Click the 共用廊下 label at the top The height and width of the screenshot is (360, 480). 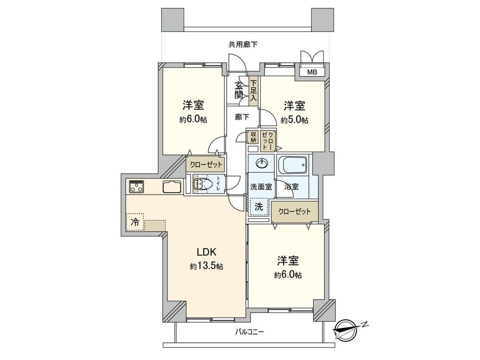point(243,44)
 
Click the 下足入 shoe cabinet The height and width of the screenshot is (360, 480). point(253,92)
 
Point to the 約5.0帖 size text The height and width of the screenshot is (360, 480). point(294,120)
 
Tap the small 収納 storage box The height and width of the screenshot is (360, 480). point(253,137)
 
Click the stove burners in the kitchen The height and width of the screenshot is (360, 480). point(136,187)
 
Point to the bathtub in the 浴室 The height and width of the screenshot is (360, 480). point(292,167)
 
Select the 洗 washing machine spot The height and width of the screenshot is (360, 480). point(259,207)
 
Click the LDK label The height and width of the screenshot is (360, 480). point(206,252)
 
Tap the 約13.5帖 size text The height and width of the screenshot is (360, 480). point(206,266)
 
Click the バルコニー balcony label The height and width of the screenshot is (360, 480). point(249,332)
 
